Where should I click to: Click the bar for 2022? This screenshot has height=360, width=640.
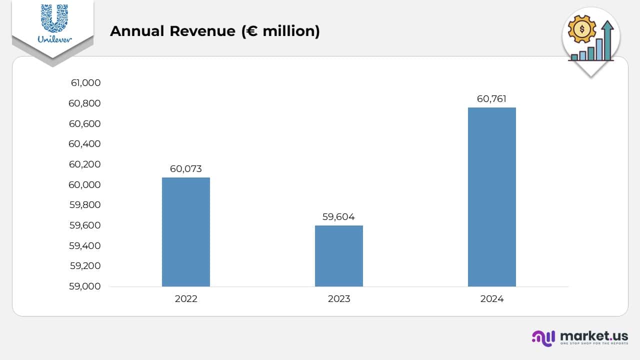186,232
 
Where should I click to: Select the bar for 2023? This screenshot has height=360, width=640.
338,256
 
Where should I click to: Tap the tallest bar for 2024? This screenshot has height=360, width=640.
491,197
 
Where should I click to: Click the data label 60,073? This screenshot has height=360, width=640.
186,169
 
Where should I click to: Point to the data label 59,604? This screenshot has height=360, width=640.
338,217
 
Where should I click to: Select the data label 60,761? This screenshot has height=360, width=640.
491,99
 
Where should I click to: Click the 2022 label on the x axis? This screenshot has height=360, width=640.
186,299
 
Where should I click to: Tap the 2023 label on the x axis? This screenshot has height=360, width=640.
338,299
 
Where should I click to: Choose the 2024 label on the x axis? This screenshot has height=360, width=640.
491,299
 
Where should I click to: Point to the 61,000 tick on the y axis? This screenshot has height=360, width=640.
85,83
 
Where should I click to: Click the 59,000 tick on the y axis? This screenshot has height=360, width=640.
85,286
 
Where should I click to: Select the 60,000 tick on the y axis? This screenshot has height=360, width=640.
85,184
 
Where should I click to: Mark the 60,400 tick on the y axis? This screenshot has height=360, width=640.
85,144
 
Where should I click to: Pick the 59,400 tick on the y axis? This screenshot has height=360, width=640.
85,245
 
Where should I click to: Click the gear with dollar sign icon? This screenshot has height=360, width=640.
582,29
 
